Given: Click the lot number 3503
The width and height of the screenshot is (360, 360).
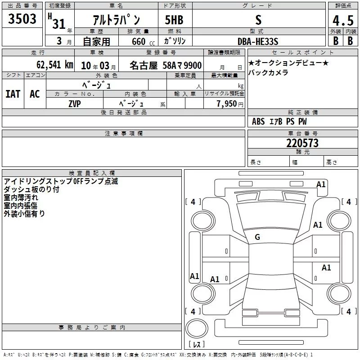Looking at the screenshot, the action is pos(22,18).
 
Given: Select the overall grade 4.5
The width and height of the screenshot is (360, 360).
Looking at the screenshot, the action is pos(343,20).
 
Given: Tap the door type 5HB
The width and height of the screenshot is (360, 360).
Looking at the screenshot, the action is pos(174,20).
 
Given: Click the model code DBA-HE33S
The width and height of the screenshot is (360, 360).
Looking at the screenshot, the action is pos(258,41).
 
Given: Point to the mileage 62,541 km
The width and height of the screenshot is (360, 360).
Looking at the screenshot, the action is pos(55,64).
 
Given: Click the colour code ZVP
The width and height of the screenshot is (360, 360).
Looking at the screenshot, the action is pos(75,104).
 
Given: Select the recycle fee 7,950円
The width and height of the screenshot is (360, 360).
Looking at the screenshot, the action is pos(230,104).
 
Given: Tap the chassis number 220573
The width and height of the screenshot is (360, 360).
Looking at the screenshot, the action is pos(302,143).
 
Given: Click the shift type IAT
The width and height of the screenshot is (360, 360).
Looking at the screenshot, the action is pos(13,94).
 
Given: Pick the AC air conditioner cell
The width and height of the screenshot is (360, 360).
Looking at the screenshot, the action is pos(35,94).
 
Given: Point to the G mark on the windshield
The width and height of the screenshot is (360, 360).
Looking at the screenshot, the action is pos(257,237).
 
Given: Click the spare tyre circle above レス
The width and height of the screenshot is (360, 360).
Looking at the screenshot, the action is pos(197,328).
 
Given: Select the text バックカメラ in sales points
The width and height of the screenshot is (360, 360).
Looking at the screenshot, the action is pos(268,72).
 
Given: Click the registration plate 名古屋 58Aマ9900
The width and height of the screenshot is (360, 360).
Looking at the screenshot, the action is pos(166,65).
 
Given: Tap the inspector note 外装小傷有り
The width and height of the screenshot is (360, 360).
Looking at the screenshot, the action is pos(24,213).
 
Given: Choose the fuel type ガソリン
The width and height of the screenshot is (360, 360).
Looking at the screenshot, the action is pos(175,41).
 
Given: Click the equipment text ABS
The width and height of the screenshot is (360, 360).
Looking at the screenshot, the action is pos(258,121).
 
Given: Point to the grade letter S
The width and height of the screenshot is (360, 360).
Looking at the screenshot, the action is pos(258,20).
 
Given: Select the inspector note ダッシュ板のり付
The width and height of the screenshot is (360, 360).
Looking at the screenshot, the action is pos(31,189).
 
